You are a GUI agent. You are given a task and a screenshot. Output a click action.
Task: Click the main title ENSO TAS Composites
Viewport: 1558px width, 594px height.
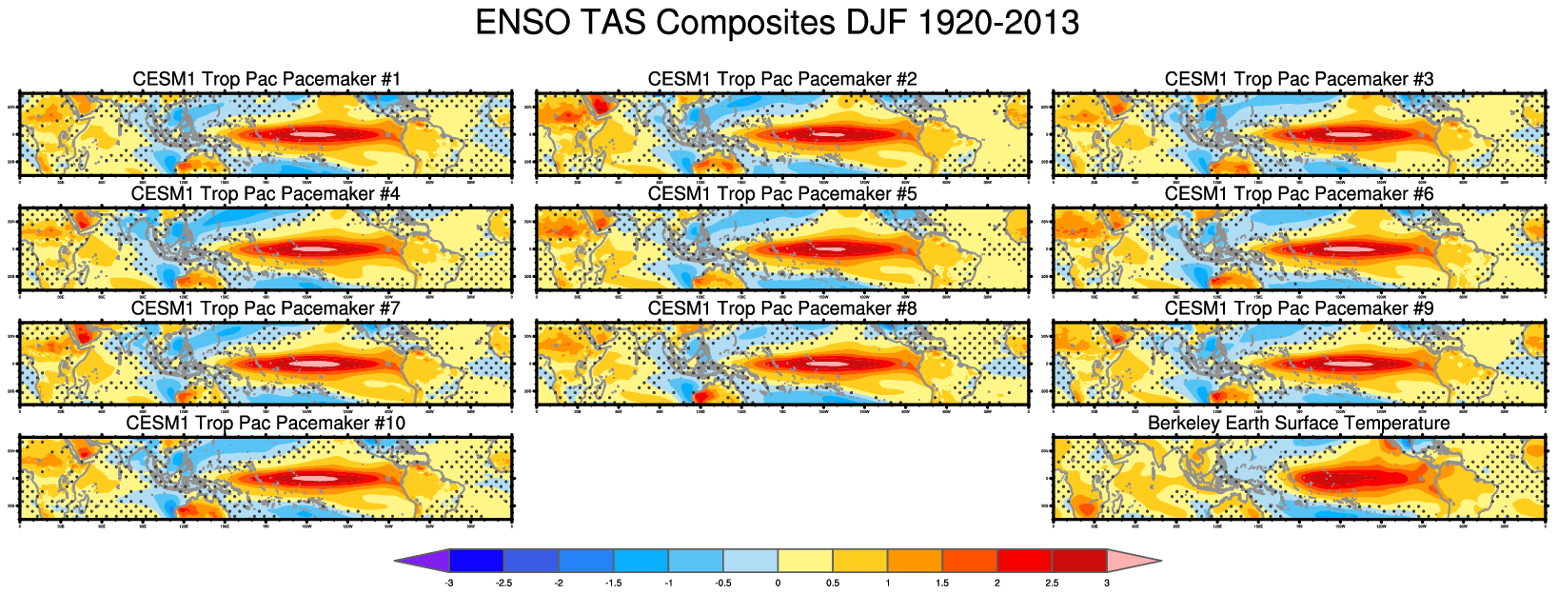click(x=777, y=23)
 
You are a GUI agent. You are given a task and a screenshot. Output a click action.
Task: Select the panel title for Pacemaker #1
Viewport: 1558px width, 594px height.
click(x=266, y=79)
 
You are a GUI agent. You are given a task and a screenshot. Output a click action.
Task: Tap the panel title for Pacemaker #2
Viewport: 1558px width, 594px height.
click(x=782, y=79)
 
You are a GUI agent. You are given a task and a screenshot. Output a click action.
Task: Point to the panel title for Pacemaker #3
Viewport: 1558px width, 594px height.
click(x=1299, y=79)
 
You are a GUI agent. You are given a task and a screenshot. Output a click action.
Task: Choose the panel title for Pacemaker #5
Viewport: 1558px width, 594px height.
click(x=782, y=194)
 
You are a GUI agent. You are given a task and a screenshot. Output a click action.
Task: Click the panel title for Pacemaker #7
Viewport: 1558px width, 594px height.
click(x=266, y=308)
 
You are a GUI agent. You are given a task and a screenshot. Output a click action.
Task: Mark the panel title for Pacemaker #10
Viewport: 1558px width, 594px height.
click(x=266, y=423)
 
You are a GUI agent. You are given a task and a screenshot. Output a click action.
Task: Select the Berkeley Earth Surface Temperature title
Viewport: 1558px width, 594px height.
click(x=1299, y=423)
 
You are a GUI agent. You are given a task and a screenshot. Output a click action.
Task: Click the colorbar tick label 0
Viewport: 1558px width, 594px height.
click(x=779, y=583)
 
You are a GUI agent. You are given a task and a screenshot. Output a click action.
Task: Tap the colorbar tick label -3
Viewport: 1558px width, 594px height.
click(x=449, y=583)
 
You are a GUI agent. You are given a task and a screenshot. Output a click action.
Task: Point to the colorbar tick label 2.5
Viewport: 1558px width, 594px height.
click(x=1052, y=583)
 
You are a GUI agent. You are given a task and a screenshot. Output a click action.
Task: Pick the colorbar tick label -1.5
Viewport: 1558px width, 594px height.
click(x=614, y=583)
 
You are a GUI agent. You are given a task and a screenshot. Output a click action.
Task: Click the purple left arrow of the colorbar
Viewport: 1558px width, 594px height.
click(x=424, y=561)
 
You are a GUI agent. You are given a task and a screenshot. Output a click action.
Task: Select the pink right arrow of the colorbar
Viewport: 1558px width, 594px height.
click(x=1133, y=561)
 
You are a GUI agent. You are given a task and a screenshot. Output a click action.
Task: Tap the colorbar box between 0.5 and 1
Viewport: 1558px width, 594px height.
click(x=860, y=561)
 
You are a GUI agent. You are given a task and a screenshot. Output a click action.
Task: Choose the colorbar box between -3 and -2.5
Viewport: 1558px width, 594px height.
click(x=477, y=561)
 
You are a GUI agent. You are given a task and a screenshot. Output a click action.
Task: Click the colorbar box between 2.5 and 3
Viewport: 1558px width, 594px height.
click(x=1079, y=561)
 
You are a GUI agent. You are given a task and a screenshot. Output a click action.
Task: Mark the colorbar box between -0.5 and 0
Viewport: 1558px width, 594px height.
click(x=751, y=561)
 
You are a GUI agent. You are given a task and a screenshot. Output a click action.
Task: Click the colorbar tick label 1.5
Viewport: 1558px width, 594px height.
click(x=942, y=583)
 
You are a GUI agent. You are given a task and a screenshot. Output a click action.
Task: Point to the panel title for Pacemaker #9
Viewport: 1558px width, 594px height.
click(x=1299, y=308)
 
